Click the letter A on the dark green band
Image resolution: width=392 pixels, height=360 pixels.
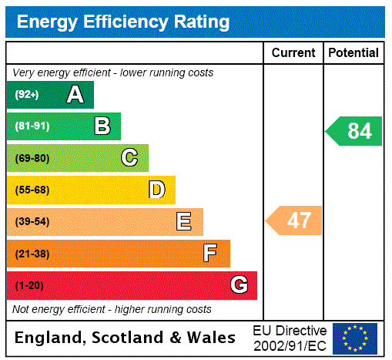tap(75, 95)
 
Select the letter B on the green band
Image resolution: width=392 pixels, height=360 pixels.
tap(102, 126)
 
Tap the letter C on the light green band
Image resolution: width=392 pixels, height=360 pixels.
tap(129, 158)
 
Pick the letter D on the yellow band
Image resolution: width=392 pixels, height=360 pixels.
tap(156, 190)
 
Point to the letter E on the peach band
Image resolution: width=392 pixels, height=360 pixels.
tap(184, 222)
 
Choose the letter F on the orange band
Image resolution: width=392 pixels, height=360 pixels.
tap(210, 254)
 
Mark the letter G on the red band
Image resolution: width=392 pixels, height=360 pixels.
tap(239, 285)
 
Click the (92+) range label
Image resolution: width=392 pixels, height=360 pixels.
tap(27, 96)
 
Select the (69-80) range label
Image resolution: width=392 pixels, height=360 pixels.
tap(32, 159)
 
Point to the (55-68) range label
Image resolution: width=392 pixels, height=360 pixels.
tap(32, 190)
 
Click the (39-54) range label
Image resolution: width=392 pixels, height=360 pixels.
tap(32, 222)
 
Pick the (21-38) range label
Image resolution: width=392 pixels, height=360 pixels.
tap(32, 254)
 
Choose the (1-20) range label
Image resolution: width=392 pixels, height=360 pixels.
tap(29, 286)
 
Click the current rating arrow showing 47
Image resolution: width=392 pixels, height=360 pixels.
tap(295, 221)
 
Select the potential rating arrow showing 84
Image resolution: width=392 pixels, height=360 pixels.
tap(354, 131)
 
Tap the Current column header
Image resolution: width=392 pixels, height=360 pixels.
tap(293, 53)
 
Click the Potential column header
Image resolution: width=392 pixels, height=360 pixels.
tap(353, 53)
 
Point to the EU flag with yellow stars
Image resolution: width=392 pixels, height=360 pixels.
tap(355, 338)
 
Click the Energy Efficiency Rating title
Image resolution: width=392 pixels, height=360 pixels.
tap(123, 22)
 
